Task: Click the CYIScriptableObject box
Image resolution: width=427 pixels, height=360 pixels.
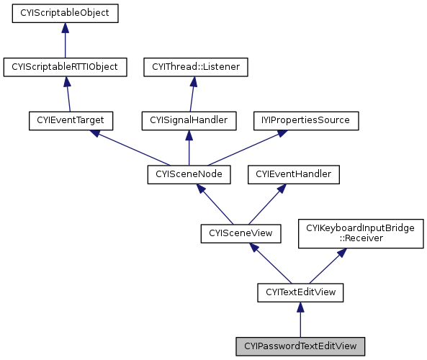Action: [65, 14]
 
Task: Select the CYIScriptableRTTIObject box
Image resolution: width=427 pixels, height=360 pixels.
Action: [65, 67]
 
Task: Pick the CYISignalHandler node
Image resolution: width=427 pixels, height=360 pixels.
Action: [189, 120]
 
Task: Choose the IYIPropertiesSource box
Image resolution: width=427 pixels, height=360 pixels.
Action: [305, 120]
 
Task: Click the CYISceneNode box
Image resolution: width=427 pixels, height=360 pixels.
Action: [189, 174]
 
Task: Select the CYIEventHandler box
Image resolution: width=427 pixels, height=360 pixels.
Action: [284, 174]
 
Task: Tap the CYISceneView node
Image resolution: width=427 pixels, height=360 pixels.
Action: [233, 233]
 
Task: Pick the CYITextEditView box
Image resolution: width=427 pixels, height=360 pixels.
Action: [300, 292]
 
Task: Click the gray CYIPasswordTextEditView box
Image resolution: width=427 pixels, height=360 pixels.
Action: [300, 346]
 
